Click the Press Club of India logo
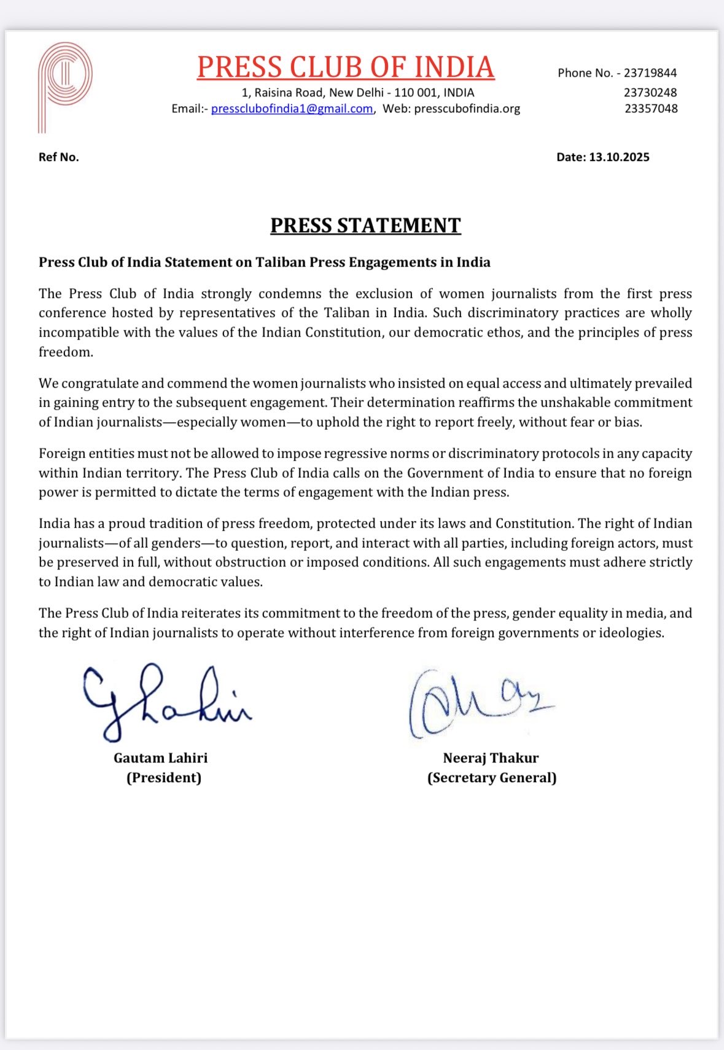pyautogui.click(x=64, y=86)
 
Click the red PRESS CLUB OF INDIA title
pyautogui.click(x=346, y=68)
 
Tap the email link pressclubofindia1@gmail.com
pyautogui.click(x=292, y=109)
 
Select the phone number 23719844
pyautogui.click(x=650, y=73)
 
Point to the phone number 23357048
pyautogui.click(x=651, y=109)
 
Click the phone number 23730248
pyautogui.click(x=650, y=93)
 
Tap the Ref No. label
pyautogui.click(x=59, y=157)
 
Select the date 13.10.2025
pyautogui.click(x=619, y=157)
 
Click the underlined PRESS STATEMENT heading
pyautogui.click(x=365, y=225)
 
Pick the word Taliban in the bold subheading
pyautogui.click(x=281, y=262)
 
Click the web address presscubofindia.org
pyautogui.click(x=467, y=109)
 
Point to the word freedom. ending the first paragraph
pyautogui.click(x=66, y=352)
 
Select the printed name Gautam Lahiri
pyautogui.click(x=161, y=758)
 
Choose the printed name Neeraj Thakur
pyautogui.click(x=491, y=758)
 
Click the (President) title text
pyautogui.click(x=164, y=778)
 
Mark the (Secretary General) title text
pyautogui.click(x=492, y=778)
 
